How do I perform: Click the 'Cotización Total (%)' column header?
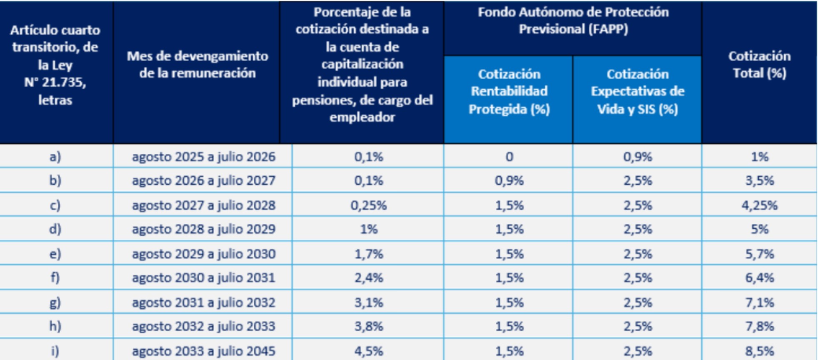click(759, 65)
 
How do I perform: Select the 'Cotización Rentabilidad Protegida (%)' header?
click(509, 92)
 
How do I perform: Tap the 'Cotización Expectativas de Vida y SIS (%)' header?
click(637, 92)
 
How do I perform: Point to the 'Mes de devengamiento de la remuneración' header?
click(197, 65)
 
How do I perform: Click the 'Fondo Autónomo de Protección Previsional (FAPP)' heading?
click(573, 20)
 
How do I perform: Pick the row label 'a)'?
click(55, 157)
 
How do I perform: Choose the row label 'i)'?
click(55, 351)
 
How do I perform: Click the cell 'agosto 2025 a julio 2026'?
click(203, 157)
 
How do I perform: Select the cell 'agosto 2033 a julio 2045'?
click(203, 351)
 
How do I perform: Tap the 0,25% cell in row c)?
click(368, 205)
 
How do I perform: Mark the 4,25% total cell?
click(759, 205)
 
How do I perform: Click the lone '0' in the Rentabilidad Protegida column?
click(509, 157)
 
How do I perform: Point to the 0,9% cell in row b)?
click(509, 180)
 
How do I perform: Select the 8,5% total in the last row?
click(759, 351)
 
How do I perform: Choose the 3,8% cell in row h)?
click(368, 326)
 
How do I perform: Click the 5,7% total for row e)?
click(759, 254)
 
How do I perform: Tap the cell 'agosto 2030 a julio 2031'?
click(203, 277)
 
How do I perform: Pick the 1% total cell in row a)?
click(759, 157)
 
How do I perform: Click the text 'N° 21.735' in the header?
click(55, 82)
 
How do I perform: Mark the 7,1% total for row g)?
click(759, 302)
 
